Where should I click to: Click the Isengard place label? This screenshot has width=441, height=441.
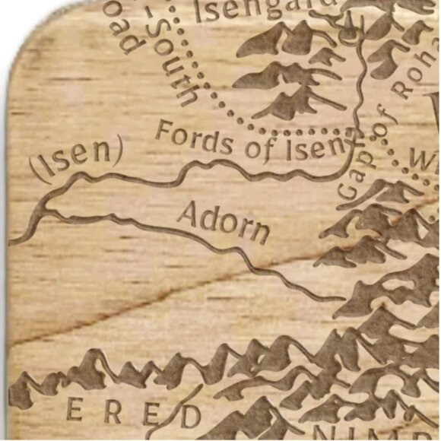262,10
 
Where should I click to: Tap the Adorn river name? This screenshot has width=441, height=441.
223,221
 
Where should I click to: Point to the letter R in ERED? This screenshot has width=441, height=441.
113,411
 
